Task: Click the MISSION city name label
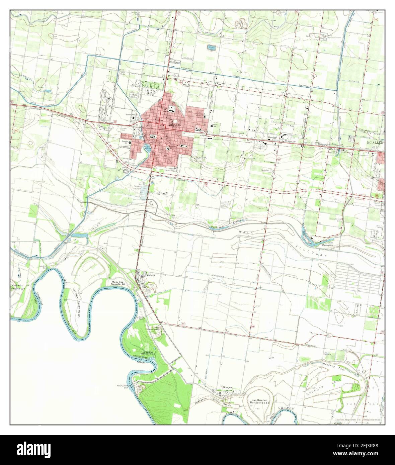(x=175, y=125)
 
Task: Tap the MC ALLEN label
(x=375, y=142)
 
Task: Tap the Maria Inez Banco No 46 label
(x=117, y=284)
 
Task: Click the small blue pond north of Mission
(x=211, y=47)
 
